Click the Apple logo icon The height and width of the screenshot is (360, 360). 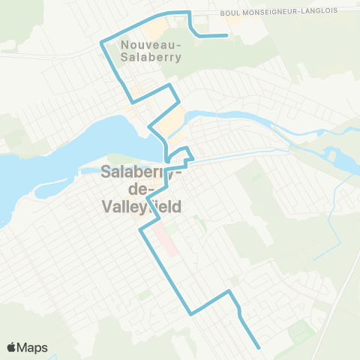tap(13, 347)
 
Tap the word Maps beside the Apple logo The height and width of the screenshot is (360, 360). tap(33, 347)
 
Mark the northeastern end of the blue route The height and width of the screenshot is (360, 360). tap(226, 35)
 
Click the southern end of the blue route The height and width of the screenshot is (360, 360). tap(259, 348)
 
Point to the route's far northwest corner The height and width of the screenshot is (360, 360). tap(101, 43)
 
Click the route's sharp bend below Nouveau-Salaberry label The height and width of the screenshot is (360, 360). tap(133, 101)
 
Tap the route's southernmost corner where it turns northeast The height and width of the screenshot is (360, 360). tap(192, 313)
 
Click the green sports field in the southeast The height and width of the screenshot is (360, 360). tap(300, 330)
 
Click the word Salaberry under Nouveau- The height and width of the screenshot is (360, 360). tap(150, 62)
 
